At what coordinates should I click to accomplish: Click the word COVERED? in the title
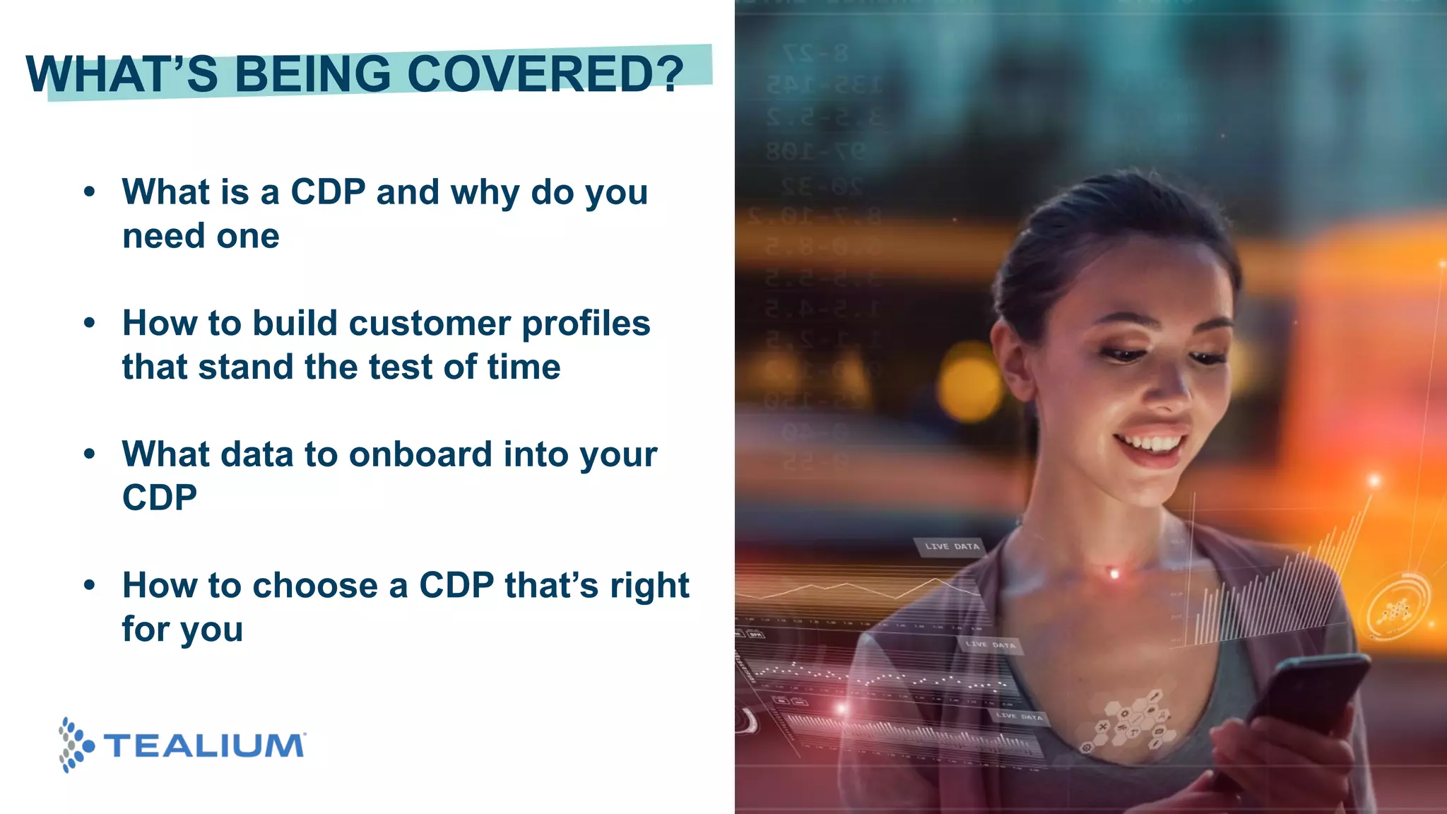545,74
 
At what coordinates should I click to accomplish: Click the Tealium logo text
204,746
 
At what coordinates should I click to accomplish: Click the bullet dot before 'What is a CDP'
89,191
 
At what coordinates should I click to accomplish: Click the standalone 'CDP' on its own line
160,498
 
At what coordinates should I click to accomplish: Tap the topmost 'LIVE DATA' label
951,546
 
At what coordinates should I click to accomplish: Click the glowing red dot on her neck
1114,574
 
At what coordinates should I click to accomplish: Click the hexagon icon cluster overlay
1130,721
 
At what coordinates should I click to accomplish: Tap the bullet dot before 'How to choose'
89,585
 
